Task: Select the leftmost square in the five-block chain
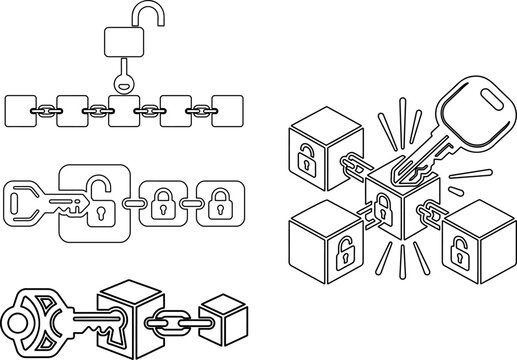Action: tap(20, 109)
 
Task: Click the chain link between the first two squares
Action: tap(46, 109)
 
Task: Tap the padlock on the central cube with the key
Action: tap(381, 207)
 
